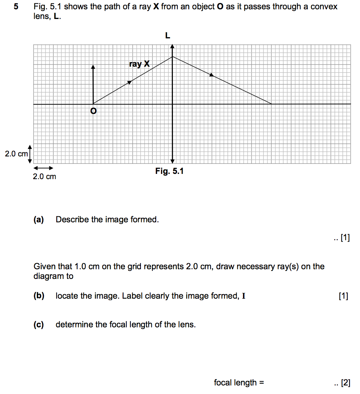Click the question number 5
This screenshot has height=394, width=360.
[15, 7]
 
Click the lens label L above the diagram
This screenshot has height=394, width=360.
[167, 36]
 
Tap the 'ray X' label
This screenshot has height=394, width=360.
[139, 64]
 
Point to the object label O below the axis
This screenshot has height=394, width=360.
[93, 111]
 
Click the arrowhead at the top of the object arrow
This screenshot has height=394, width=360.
[93, 67]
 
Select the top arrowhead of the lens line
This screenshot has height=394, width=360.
[172, 47]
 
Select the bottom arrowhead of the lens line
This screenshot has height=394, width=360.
[172, 161]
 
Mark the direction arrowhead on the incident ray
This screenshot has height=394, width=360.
[130, 82]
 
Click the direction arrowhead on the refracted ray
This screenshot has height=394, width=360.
[212, 75]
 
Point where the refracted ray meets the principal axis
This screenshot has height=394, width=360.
[271, 104]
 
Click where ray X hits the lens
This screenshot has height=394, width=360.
[172, 57]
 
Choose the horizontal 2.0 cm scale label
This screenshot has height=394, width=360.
[44, 177]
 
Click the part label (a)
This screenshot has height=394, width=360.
[39, 220]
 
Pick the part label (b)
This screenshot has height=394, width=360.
[39, 296]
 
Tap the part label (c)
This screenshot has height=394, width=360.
[39, 325]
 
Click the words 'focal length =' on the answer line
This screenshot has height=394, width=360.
[239, 382]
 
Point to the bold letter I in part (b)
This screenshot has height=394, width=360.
[244, 296]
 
